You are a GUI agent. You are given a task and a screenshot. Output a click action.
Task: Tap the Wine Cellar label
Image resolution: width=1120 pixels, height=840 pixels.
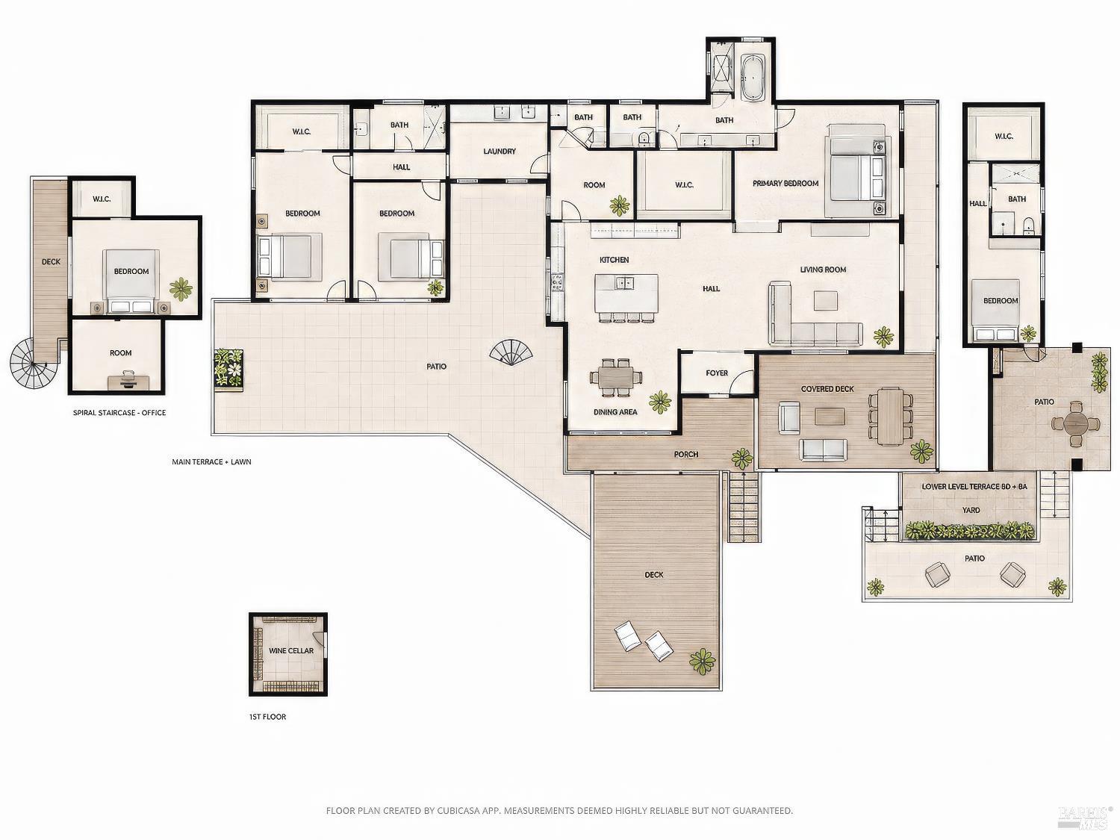click(x=291, y=651)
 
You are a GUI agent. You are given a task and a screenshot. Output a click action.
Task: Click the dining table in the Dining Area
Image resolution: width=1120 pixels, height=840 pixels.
click(x=616, y=377)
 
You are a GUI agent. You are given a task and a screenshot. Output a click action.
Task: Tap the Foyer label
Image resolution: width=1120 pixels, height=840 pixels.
click(x=717, y=373)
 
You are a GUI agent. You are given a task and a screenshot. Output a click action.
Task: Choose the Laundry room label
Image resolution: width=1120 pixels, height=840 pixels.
click(x=500, y=151)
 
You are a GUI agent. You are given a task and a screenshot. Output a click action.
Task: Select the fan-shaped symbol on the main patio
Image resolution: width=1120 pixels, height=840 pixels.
click(x=511, y=353)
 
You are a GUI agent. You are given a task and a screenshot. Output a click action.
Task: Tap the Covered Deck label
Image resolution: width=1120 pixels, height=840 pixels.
click(x=827, y=388)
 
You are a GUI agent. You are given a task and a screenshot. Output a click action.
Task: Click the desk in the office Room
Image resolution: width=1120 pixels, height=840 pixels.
click(x=128, y=381)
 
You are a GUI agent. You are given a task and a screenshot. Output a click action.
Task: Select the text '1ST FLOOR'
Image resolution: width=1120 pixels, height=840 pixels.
click(x=267, y=717)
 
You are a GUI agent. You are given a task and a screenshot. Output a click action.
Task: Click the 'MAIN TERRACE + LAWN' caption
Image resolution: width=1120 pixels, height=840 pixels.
click(x=211, y=462)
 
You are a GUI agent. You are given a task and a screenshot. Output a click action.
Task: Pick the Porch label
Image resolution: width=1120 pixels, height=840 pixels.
click(x=685, y=455)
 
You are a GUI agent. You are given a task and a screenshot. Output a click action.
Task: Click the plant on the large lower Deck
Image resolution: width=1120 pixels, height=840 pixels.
click(x=702, y=661)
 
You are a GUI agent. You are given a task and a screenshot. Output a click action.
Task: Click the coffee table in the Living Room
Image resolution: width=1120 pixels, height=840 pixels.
click(x=825, y=300)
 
